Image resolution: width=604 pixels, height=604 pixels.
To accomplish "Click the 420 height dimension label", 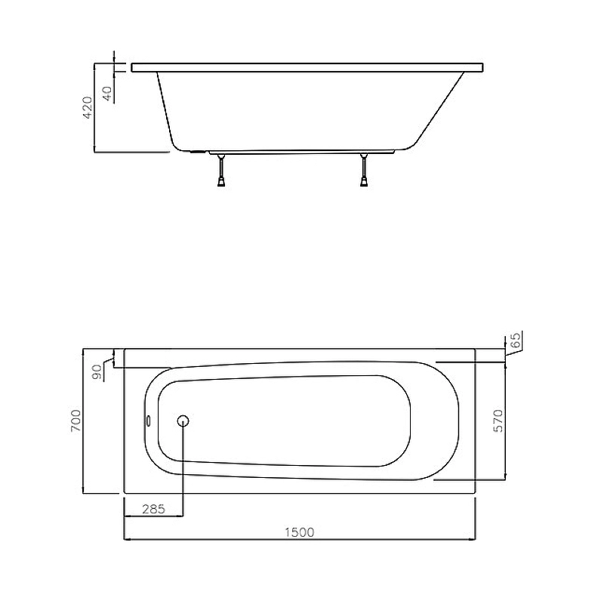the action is click(x=88, y=107).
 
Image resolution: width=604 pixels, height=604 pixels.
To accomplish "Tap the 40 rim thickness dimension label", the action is click(x=107, y=94).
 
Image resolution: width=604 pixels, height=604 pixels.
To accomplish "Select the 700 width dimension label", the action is click(x=76, y=421).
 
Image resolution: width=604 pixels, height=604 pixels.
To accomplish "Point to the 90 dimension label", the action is click(x=97, y=372).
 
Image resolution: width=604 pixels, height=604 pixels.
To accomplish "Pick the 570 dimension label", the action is click(x=498, y=421).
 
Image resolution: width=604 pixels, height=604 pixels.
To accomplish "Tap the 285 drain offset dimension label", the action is click(x=154, y=509).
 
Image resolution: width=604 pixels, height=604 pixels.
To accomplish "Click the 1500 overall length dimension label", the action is click(x=300, y=532).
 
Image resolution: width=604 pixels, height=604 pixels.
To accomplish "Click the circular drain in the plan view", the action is click(x=183, y=421).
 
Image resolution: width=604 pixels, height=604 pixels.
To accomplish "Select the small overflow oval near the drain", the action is click(x=149, y=421).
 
